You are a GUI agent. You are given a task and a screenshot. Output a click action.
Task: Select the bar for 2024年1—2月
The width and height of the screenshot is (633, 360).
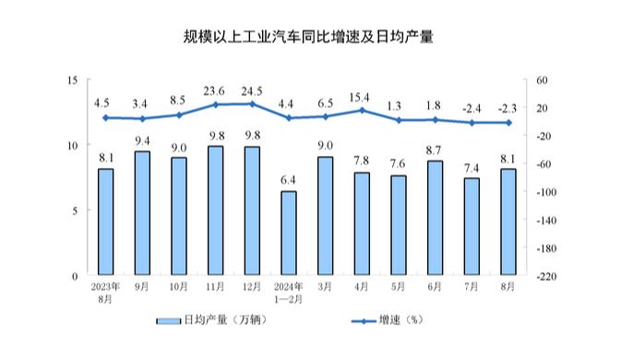coord(289,234)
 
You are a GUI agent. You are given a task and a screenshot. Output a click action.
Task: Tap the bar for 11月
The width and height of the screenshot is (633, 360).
coord(215,211)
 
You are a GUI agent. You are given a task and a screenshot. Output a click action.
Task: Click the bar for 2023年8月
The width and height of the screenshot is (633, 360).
coord(106,222)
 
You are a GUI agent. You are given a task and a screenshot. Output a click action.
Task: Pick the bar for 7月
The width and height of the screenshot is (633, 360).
coord(472,227)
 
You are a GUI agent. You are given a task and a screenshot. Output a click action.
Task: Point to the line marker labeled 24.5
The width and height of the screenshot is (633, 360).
coord(252,103)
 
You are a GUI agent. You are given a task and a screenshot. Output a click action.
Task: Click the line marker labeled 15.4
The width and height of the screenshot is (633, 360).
coord(362,110)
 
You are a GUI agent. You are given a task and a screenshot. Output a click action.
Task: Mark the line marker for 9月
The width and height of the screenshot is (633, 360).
coord(142,118)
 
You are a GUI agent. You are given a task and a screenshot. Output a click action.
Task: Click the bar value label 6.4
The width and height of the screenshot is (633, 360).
coord(289,179)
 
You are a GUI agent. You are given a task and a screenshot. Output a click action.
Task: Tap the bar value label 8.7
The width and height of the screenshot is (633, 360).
coord(435,149)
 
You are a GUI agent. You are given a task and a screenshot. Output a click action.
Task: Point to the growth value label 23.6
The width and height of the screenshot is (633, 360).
coord(215,90)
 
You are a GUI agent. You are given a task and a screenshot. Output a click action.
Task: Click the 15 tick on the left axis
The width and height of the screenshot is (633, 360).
coord(71,80)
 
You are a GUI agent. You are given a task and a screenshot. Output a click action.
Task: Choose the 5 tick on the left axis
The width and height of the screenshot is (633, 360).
coord(74,211)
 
